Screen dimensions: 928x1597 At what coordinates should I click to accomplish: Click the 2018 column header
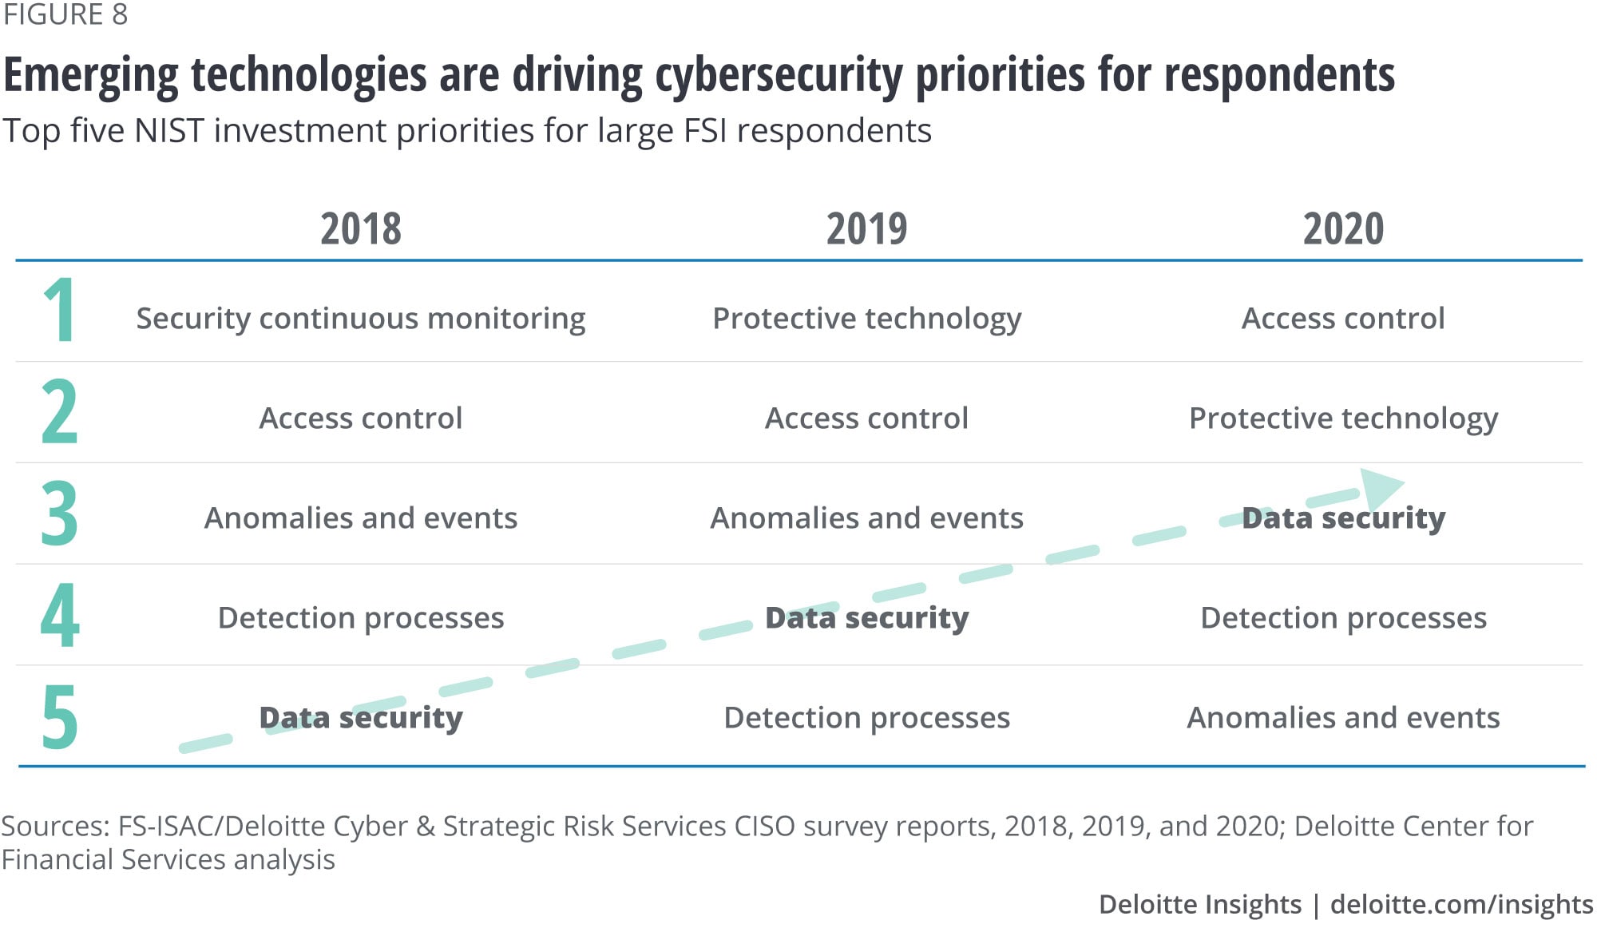coord(361,229)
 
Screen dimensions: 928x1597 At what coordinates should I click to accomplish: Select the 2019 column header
coord(866,229)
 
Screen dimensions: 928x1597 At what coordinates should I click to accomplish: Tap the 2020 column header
coord(1343,229)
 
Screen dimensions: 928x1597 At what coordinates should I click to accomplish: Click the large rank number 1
coord(60,310)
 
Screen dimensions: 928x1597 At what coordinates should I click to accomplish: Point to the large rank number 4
coord(60,615)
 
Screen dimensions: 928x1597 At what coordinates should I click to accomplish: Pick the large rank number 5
coord(60,716)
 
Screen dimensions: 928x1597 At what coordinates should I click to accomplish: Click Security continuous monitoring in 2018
coord(361,319)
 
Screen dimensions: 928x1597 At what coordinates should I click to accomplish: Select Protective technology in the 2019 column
coord(866,319)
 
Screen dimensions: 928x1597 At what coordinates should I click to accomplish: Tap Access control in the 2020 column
coord(1343,319)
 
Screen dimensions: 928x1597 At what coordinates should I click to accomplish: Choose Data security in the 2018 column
coord(361,718)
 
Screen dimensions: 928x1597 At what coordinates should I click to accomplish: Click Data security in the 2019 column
coord(866,618)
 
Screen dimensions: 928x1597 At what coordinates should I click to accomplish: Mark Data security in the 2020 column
coord(1343,518)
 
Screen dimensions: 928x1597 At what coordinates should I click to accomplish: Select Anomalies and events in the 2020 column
coord(1343,718)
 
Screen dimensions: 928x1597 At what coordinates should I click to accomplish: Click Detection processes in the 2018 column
coord(361,618)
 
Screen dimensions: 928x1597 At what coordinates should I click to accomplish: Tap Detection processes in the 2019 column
coord(866,718)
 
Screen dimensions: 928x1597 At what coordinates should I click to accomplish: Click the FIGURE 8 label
coord(65,14)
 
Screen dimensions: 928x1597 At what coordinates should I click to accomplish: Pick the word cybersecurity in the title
coord(779,76)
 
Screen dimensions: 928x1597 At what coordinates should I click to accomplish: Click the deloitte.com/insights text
coord(1461,904)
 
